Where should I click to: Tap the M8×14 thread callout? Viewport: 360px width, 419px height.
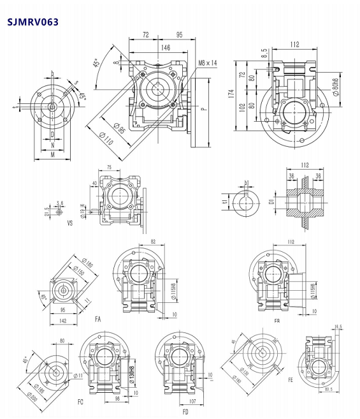[x=208, y=63]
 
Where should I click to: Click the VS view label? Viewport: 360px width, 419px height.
[x=69, y=223]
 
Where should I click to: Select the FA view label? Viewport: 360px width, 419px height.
[x=97, y=317]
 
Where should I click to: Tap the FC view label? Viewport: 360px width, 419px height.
[x=80, y=402]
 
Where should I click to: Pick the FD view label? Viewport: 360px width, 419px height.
[x=185, y=411]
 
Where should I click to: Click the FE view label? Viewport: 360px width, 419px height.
[x=290, y=378]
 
